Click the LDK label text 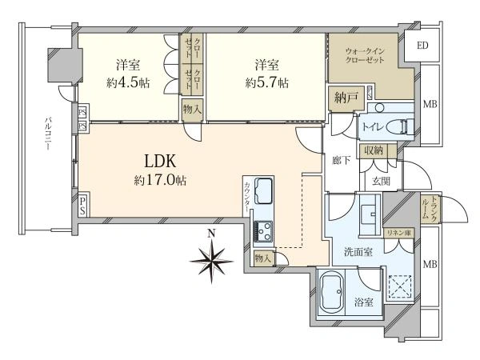pos(160,161)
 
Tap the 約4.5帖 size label pos(128,82)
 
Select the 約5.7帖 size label pos(267,82)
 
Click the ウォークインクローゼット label pos(365,55)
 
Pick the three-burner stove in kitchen pos(263,231)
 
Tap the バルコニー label pos(48,133)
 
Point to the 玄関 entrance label pos(381,182)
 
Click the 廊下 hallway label pos(342,160)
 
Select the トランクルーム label pos(429,207)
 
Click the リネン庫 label pos(398,233)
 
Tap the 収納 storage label pos(373,150)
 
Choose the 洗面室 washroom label pos(358,252)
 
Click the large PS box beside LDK pos(82,206)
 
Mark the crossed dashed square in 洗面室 pos(400,286)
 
